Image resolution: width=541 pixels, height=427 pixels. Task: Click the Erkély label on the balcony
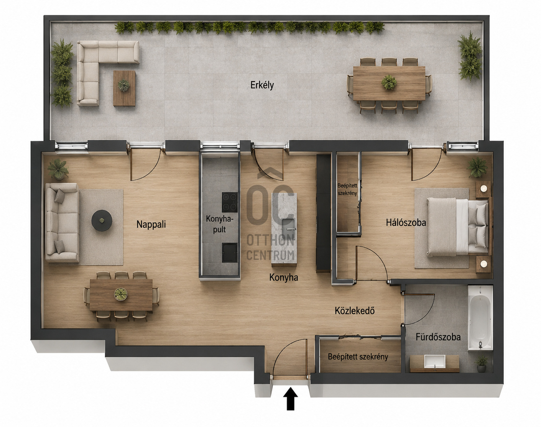point(262,85)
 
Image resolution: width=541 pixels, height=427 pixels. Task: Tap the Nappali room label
point(151,224)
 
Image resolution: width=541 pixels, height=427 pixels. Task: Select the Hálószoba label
point(406,222)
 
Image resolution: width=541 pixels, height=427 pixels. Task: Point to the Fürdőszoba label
point(438,337)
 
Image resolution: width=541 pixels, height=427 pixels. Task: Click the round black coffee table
point(102,220)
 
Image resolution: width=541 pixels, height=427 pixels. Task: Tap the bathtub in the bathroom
point(480,318)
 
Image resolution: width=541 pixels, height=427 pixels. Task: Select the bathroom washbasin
point(435,361)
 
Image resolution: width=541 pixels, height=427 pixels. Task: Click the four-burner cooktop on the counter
point(230,202)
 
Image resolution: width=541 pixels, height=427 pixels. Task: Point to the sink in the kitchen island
point(288,225)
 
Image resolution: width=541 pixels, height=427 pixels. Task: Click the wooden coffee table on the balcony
point(124,88)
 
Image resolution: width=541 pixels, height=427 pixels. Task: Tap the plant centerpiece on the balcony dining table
point(389,82)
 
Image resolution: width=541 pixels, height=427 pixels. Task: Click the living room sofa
point(62,222)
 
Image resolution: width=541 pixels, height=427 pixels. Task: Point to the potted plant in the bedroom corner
point(477,167)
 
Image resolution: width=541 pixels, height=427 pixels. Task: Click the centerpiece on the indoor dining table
point(121,294)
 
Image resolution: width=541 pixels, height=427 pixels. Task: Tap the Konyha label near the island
point(284,278)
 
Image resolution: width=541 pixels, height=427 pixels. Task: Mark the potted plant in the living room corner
point(58,169)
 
